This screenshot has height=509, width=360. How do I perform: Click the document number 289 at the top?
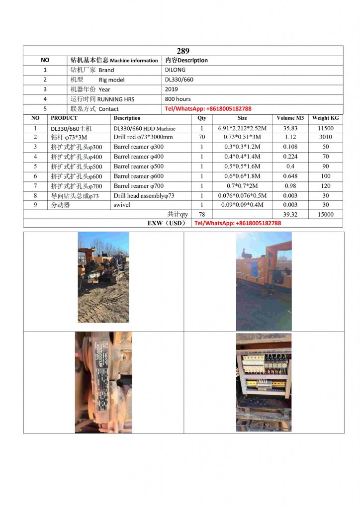pyautogui.click(x=183, y=51)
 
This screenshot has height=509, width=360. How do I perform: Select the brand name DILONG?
pyautogui.click(x=175, y=70)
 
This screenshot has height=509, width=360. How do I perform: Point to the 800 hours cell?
pyautogui.click(x=178, y=99)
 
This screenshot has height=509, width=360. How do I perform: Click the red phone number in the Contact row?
pyautogui.click(x=208, y=109)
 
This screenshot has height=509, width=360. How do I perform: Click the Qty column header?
pyautogui.click(x=202, y=118)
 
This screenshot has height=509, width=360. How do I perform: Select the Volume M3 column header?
pyautogui.click(x=290, y=118)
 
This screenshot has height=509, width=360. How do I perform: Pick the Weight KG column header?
pyautogui.click(x=325, y=118)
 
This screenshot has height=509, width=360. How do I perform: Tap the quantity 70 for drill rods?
pyautogui.click(x=202, y=137)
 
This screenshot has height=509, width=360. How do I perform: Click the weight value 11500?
pyautogui.click(x=325, y=128)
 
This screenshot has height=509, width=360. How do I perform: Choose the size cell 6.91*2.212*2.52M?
pyautogui.click(x=242, y=128)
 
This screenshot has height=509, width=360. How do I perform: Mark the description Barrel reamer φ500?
pyautogui.click(x=138, y=167)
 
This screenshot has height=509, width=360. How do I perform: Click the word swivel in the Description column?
pyautogui.click(x=122, y=205)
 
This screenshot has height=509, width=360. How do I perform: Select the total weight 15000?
pyautogui.click(x=325, y=215)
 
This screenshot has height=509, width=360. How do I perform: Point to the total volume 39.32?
pyautogui.click(x=290, y=215)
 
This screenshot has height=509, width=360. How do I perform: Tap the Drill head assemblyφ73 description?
pyautogui.click(x=144, y=196)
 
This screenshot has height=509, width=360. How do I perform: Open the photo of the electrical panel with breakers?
pyautogui.click(x=264, y=382)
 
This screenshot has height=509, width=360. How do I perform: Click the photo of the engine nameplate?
pyautogui.click(x=103, y=382)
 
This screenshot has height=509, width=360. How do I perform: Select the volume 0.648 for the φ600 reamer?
pyautogui.click(x=290, y=176)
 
